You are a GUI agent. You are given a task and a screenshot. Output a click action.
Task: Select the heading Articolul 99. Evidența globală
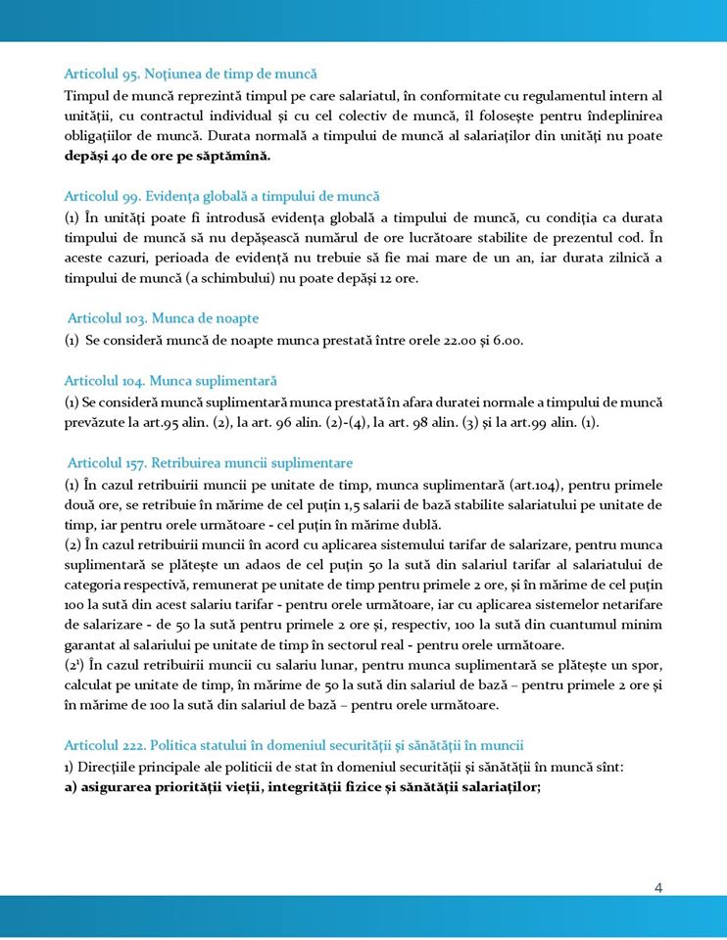click(222, 196)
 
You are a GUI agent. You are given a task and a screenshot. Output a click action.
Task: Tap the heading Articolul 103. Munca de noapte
click(163, 318)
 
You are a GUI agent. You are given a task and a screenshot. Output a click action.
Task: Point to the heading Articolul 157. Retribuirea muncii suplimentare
click(210, 462)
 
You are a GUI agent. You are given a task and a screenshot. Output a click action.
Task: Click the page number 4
click(658, 887)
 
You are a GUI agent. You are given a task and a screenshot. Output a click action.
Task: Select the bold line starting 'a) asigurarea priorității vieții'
click(303, 788)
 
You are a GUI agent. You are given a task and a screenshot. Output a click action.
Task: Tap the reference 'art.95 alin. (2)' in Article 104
click(181, 422)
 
